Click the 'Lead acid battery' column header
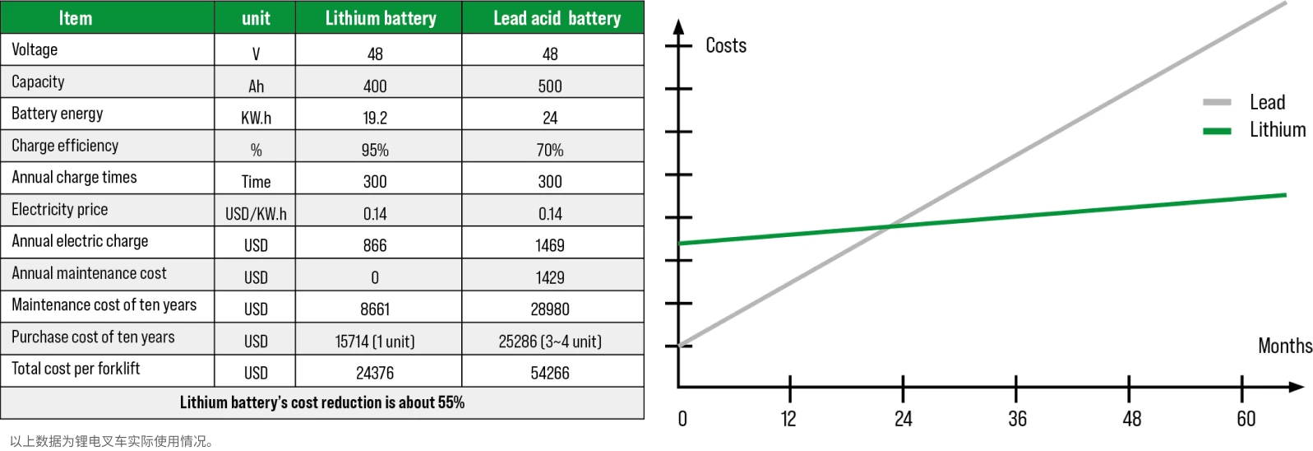coord(557,18)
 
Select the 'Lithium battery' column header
coord(380,18)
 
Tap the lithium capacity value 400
coord(375,86)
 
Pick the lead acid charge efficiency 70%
coord(550,150)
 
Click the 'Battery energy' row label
coord(58,114)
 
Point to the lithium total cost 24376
coord(375,373)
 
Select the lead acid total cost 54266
coord(550,373)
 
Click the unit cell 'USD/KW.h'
coord(256,214)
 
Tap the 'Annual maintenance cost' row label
coord(89,273)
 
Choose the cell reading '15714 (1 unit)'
coord(375,342)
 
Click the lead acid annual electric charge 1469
coord(550,245)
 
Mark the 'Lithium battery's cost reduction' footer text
coord(322,402)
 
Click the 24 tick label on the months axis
coord(903,419)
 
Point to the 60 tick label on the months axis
coord(1246,419)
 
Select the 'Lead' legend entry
coord(1267,102)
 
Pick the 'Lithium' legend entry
coord(1277,129)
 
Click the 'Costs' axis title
coord(726,45)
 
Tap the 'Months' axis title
coord(1284,346)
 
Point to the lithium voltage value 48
coord(375,53)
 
